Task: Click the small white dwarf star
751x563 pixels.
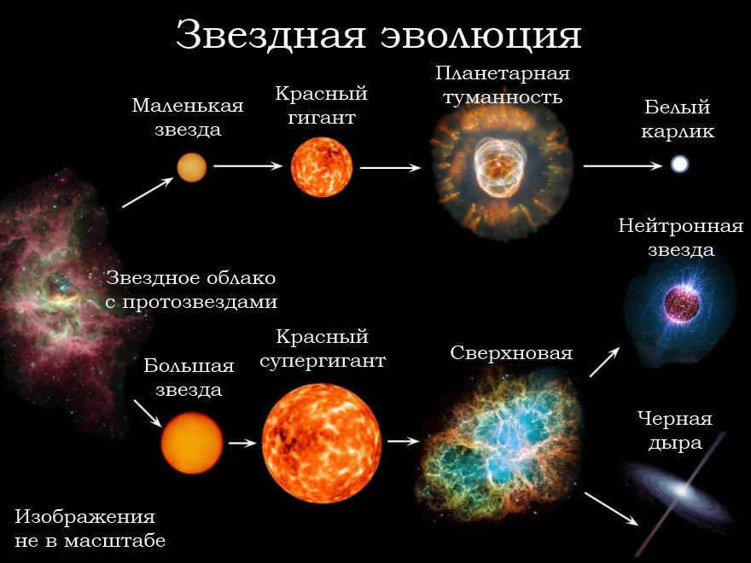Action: pos(679,164)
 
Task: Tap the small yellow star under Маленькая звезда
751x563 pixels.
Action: pos(191,167)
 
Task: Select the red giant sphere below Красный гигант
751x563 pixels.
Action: pos(322,166)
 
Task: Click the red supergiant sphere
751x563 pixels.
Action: pos(322,443)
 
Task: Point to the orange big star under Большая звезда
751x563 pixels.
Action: pos(192,443)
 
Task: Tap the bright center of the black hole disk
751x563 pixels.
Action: pos(681,491)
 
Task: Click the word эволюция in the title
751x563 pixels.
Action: pos(480,36)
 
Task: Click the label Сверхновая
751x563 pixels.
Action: pos(511,353)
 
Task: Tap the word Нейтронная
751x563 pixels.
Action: pos(681,225)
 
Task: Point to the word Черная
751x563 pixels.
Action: pos(675,419)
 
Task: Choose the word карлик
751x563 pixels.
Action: pos(678,131)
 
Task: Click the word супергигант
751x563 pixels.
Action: pos(323,361)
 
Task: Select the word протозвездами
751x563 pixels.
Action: pos(200,303)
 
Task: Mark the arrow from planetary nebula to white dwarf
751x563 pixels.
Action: pos(623,165)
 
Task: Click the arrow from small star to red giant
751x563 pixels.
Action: pos(248,165)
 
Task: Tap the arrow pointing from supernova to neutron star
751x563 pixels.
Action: pos(604,362)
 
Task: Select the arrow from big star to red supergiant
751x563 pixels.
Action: pos(243,443)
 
